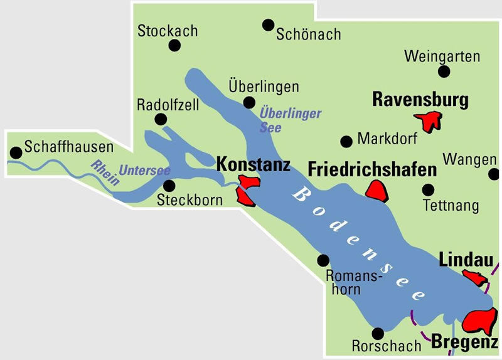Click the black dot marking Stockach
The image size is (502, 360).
(x=174, y=46)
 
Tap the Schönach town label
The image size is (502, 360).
(x=308, y=34)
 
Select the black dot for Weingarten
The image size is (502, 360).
(x=444, y=71)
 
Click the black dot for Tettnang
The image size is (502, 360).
(x=429, y=189)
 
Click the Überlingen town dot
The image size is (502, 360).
(x=249, y=102)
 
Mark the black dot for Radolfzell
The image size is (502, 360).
(x=161, y=119)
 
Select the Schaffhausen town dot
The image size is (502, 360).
(x=15, y=152)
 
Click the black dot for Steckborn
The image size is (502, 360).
(x=169, y=185)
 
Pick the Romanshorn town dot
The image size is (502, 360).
(x=324, y=260)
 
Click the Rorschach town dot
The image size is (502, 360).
(x=377, y=333)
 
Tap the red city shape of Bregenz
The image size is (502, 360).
(x=482, y=321)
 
